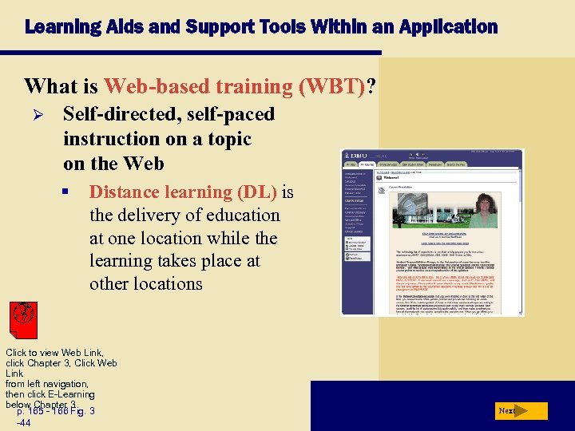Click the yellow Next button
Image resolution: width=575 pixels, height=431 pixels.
(x=521, y=411)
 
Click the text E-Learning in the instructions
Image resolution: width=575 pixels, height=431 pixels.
(x=71, y=394)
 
